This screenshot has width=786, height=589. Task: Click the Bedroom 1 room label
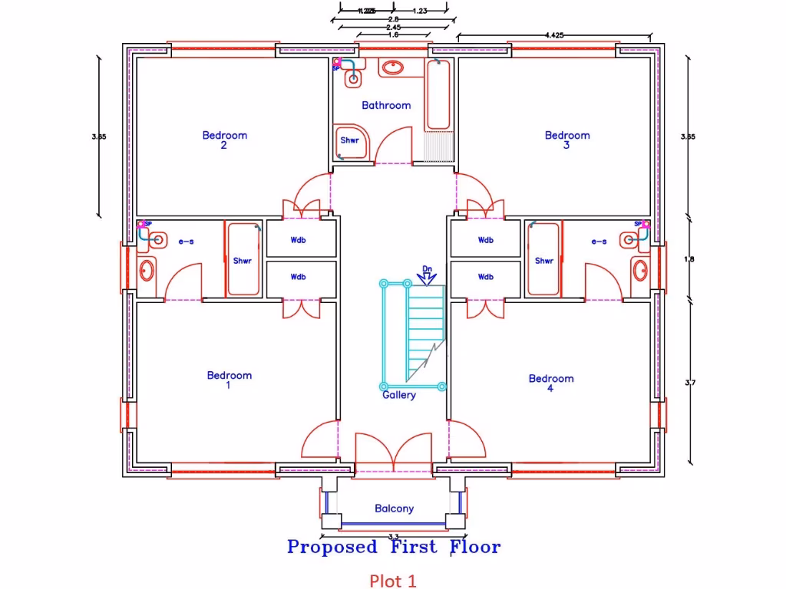(x=229, y=380)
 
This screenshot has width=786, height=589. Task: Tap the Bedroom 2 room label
(x=224, y=140)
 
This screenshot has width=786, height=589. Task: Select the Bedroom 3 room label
(x=567, y=140)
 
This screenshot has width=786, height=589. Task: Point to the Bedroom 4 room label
(x=550, y=383)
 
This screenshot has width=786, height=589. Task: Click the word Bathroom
(x=386, y=105)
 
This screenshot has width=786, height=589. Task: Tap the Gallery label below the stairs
(x=399, y=395)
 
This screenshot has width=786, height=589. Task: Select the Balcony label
(x=394, y=508)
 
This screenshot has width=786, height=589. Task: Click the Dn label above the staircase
(x=428, y=269)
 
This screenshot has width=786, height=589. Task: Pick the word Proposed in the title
(x=332, y=547)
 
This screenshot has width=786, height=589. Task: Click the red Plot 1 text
(x=393, y=581)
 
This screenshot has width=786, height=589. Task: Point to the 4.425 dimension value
(x=556, y=35)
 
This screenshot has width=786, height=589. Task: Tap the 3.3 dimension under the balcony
(x=393, y=536)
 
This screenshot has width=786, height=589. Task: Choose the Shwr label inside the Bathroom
(x=350, y=140)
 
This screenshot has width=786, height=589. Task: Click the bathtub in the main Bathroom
(x=439, y=96)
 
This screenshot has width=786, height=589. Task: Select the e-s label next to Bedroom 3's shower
(x=599, y=241)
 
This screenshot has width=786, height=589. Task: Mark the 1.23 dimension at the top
(x=420, y=11)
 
